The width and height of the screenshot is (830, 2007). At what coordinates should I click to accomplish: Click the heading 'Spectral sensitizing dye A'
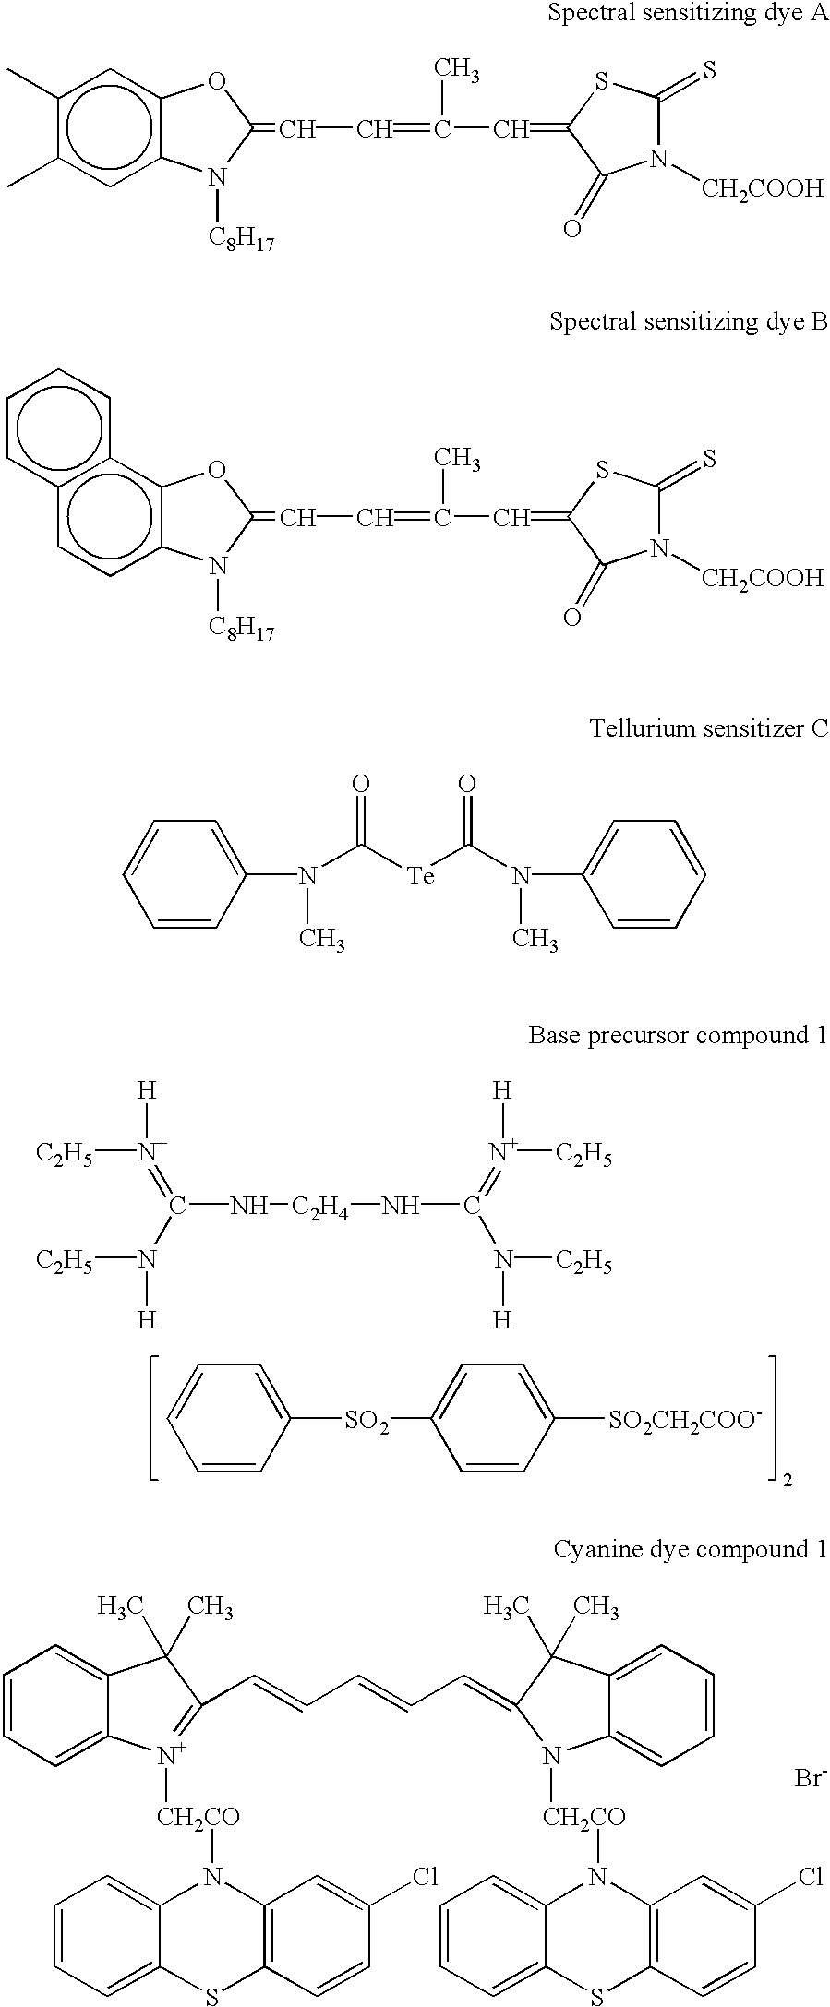coord(688,14)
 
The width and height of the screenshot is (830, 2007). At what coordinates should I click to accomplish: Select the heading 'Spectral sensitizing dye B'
coord(688,321)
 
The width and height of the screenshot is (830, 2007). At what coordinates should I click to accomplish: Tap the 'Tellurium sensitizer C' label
coord(708,729)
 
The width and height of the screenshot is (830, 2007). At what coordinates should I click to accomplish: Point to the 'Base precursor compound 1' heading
coord(677,1035)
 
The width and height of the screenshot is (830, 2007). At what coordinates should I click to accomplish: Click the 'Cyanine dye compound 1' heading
coord(690,1548)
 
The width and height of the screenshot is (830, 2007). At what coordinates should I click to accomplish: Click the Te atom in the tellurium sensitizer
coord(421,875)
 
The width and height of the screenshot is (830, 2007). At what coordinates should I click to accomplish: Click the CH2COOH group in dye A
coord(762,189)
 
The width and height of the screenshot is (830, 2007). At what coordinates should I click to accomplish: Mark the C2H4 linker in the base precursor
coord(320,1207)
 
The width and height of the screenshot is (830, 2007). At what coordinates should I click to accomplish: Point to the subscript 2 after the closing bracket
coord(787,1480)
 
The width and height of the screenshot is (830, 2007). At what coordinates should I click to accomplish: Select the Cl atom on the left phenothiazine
coord(423,1876)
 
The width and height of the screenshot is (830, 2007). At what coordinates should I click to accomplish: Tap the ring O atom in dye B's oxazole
coord(216,473)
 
